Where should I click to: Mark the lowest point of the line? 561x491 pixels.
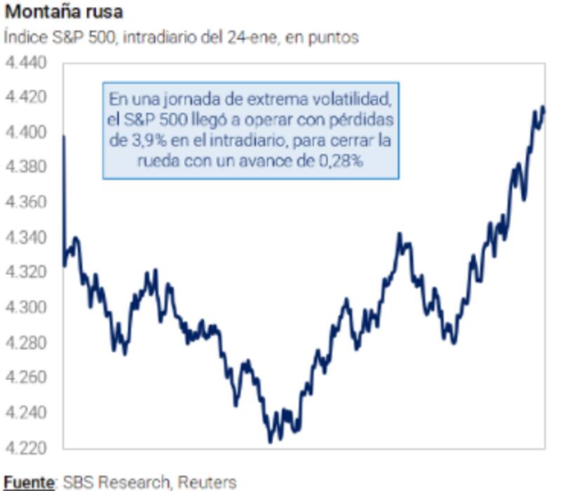(x=271, y=441)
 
